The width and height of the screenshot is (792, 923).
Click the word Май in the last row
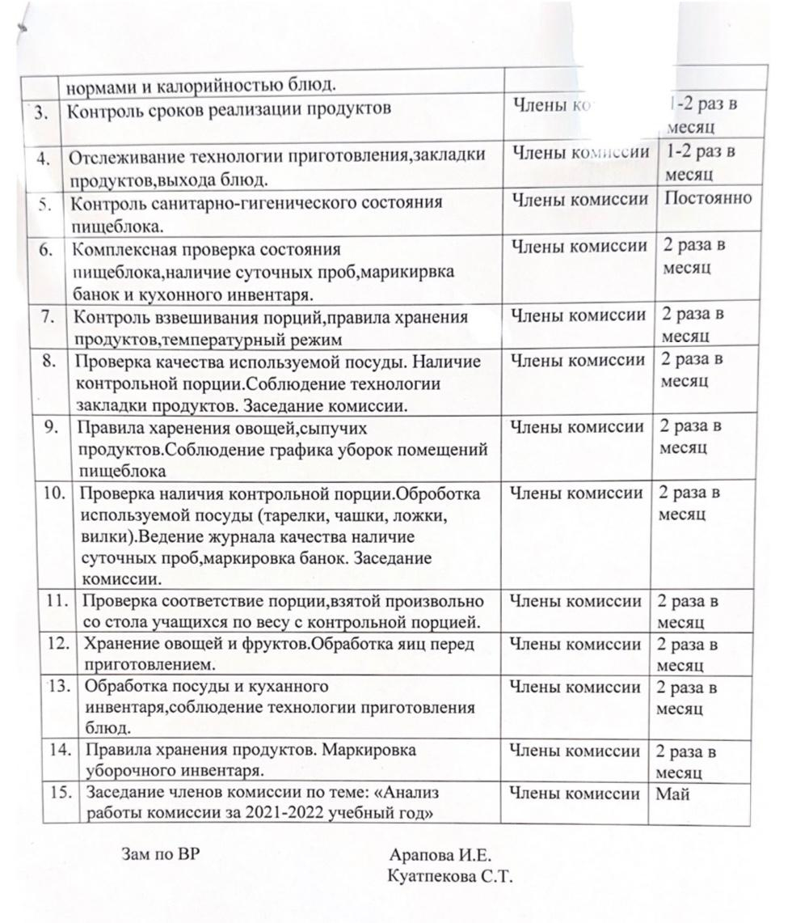672,794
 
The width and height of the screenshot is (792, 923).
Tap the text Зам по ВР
160,853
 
